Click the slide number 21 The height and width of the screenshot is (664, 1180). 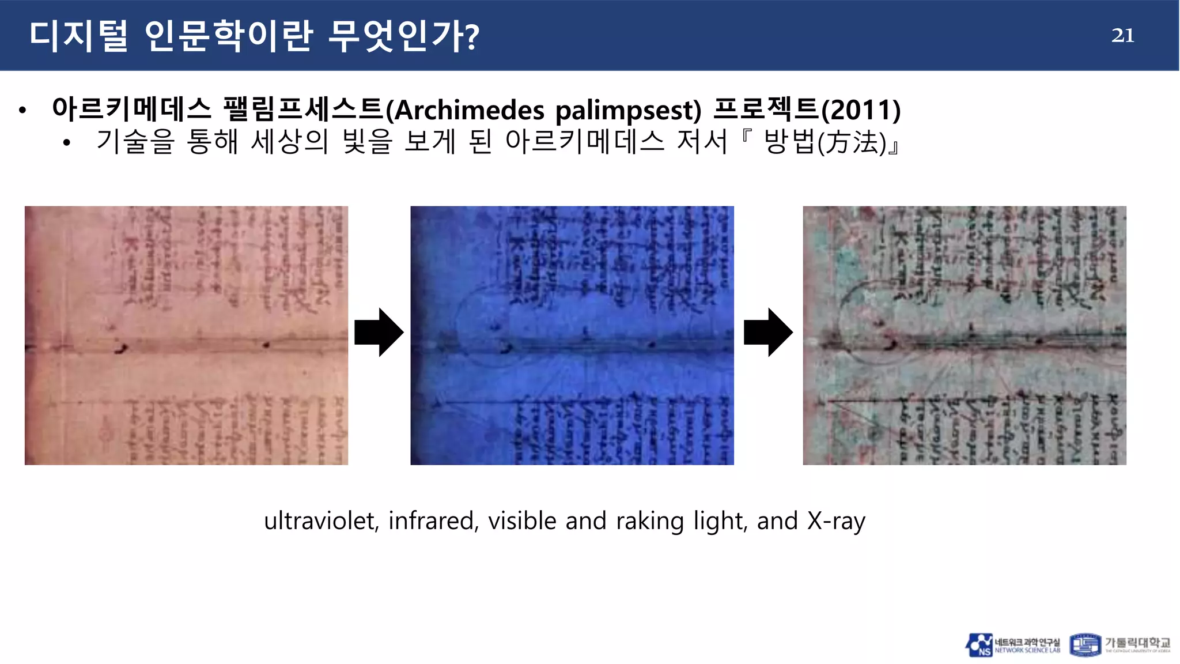tap(1122, 36)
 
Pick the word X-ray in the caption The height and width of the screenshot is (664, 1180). tap(836, 521)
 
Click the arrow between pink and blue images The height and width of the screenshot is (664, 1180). tap(379, 333)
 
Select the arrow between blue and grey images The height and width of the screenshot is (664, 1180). tap(768, 333)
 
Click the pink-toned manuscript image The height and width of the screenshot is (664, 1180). tap(186, 335)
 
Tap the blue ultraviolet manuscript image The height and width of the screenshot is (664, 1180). tap(572, 335)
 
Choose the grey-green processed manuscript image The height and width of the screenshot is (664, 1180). tap(964, 335)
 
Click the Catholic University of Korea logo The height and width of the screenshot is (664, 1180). tap(1120, 645)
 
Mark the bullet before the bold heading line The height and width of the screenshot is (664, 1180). tap(22, 110)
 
